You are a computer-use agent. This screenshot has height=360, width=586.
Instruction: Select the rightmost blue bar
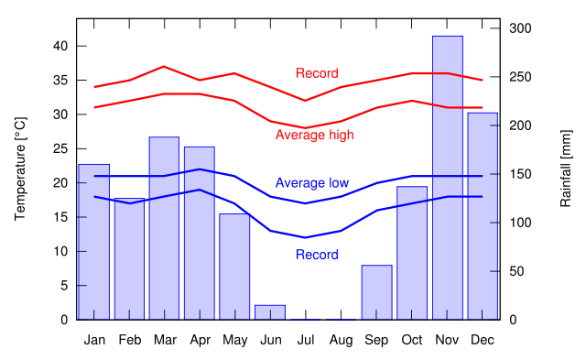482,215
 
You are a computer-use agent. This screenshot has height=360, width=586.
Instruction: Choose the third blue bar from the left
164,228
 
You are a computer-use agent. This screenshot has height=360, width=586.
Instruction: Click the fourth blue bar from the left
199,233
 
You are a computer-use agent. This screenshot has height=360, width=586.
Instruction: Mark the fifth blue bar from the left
234,267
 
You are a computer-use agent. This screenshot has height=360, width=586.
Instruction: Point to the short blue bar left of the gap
270,311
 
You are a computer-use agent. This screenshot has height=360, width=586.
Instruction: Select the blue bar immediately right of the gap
376,292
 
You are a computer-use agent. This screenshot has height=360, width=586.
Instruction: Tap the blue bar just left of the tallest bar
412,253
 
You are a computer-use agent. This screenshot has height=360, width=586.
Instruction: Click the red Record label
317,73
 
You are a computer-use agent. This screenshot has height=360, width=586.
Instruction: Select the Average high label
314,135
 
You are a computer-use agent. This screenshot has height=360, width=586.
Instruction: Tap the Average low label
311,183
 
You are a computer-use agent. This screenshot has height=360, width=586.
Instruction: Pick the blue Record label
317,255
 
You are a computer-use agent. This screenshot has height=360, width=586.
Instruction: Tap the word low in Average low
339,183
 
